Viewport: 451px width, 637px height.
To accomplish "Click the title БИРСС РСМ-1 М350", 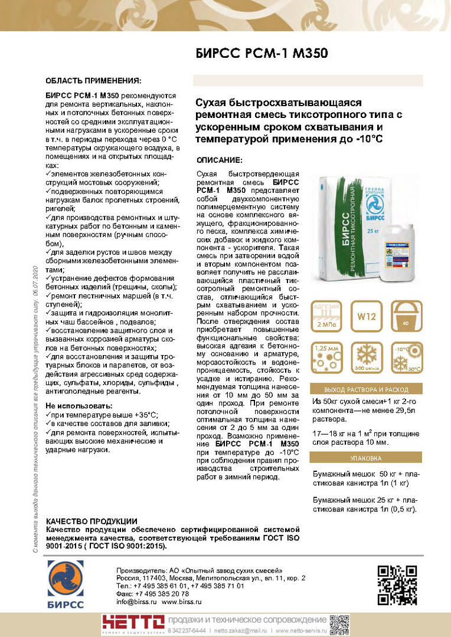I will (262, 54).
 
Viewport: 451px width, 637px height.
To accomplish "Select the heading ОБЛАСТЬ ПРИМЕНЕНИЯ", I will (93, 80).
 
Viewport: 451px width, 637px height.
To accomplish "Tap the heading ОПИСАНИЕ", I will (219, 160).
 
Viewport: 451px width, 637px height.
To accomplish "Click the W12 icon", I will (367, 317).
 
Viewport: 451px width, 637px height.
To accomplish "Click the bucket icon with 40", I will (406, 317).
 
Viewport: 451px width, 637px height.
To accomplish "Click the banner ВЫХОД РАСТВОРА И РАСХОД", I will (367, 390).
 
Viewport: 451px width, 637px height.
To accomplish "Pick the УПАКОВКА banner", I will (367, 458).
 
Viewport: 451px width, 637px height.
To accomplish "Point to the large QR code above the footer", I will (397, 585).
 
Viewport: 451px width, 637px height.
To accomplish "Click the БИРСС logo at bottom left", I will (66, 584).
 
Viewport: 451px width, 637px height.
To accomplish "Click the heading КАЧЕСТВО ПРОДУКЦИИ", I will (91, 521).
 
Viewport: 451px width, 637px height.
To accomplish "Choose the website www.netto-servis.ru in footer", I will (299, 631).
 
